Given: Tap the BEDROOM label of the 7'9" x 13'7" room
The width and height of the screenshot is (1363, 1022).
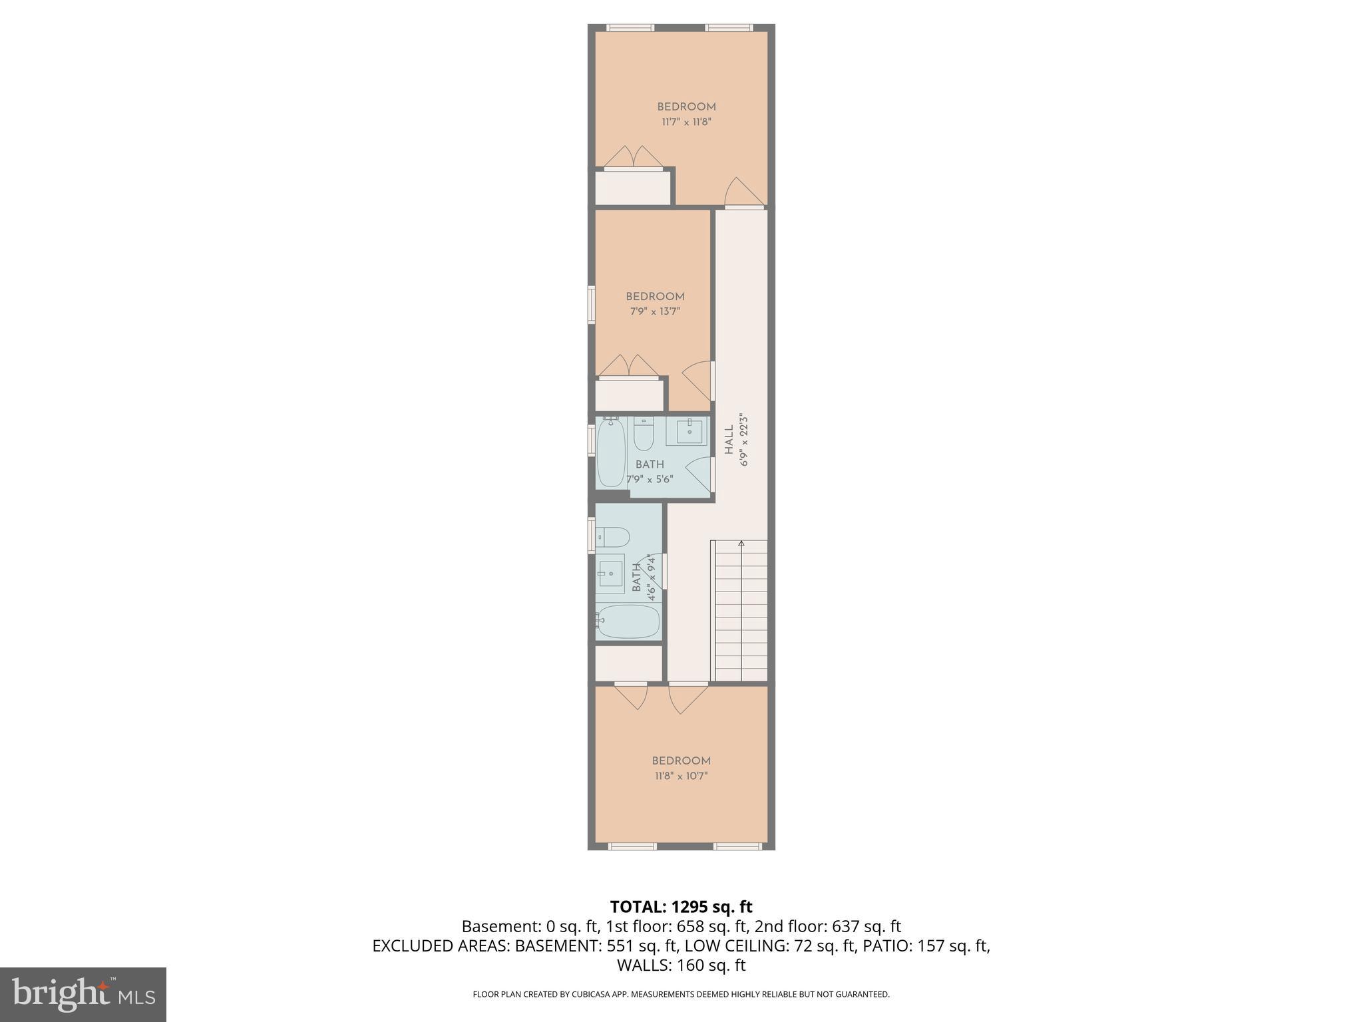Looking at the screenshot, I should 655,297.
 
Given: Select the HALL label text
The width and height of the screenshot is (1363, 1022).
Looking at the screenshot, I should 729,440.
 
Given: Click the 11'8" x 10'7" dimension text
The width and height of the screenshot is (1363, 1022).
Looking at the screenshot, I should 681,776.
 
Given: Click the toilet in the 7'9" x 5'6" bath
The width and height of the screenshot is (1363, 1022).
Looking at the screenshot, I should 644,434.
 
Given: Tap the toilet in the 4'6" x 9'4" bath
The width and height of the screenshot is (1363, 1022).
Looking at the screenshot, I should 612,536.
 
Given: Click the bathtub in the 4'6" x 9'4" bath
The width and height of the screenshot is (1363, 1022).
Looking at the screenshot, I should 628,621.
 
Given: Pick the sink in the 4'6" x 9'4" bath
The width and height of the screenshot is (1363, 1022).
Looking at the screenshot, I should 610,573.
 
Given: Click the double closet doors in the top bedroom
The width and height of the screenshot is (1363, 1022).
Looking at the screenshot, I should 634,157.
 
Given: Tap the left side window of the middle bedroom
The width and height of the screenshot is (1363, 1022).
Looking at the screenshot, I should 591,305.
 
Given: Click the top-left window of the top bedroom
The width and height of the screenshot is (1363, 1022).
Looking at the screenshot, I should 630,28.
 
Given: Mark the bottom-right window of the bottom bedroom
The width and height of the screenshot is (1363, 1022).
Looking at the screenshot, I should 737,846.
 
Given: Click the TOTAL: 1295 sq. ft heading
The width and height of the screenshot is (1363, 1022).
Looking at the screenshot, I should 681,907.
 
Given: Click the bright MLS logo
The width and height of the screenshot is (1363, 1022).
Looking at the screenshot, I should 83,994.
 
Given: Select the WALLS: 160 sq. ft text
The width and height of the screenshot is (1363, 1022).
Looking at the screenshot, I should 681,965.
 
